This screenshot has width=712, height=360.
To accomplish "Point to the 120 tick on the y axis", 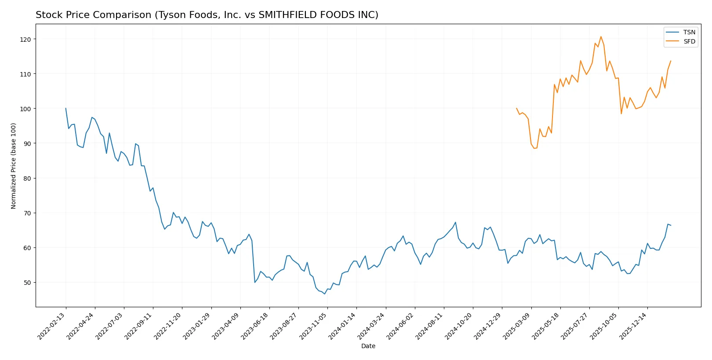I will pos(25,39).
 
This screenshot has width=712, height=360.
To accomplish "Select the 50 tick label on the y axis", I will pos(27,282).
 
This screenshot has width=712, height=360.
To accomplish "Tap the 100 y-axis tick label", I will pos(25,109).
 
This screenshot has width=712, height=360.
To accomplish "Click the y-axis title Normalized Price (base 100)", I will pos(14,166).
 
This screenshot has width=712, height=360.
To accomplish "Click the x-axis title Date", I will pos(368,346).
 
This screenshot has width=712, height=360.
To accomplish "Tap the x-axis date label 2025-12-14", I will pos(633,326).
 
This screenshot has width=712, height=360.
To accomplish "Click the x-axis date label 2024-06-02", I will pos(400,326).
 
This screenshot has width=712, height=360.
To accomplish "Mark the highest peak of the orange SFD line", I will pos(601,36).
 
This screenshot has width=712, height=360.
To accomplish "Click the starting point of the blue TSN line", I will pos(66,108).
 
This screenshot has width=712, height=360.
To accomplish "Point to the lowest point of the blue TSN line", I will pos(325,294).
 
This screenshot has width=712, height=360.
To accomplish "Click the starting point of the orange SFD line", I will pos(516,108).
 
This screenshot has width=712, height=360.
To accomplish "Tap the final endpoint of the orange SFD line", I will pos(671,61).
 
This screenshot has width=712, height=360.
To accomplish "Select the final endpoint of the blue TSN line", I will pos(671,225).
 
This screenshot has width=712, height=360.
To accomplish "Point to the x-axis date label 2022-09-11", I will pos(139,326).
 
